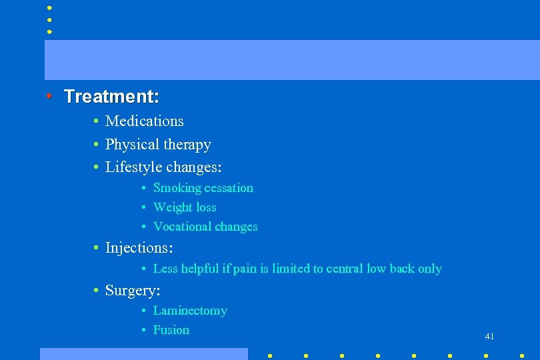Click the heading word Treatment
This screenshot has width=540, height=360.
tap(111, 97)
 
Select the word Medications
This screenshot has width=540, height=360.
tap(144, 121)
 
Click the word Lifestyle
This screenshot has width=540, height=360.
tap(133, 167)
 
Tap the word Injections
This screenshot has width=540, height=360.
tap(138, 248)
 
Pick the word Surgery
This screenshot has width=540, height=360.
tap(131, 291)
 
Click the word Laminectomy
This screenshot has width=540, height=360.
tap(190, 311)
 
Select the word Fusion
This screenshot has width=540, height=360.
tap(171, 330)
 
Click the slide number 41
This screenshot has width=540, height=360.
tap(489, 337)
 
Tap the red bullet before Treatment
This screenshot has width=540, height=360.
tap(50, 96)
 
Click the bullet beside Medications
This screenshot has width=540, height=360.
tap(97, 121)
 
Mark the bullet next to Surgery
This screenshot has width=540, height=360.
tap(97, 291)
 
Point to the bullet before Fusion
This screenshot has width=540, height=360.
tap(145, 330)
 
